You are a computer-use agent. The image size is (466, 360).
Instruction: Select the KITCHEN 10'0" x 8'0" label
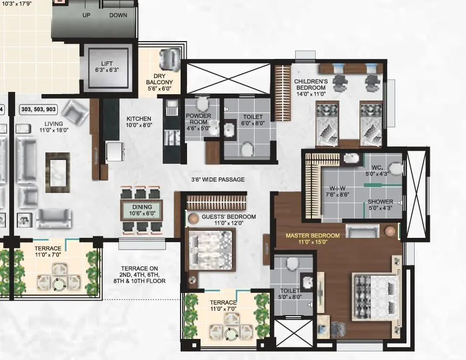139,122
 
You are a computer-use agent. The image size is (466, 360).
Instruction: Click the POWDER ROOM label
198,122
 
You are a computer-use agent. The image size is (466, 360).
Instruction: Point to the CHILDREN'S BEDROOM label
310,87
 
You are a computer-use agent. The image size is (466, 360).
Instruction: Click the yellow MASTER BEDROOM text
312,236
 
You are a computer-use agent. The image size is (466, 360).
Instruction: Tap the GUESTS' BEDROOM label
221,219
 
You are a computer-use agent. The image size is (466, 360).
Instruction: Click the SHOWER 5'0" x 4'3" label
380,205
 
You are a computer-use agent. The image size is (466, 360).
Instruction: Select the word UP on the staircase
86,15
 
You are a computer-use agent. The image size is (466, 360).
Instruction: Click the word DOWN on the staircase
118,15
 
